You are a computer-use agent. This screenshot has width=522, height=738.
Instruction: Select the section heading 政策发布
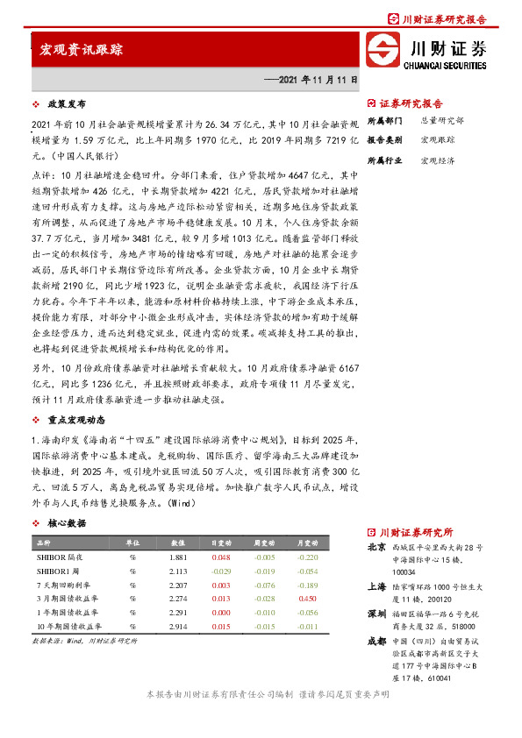[66, 103]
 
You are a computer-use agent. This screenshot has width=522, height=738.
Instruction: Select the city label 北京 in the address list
[377, 547]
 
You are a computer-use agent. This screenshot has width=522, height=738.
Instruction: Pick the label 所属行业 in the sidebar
[383, 160]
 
